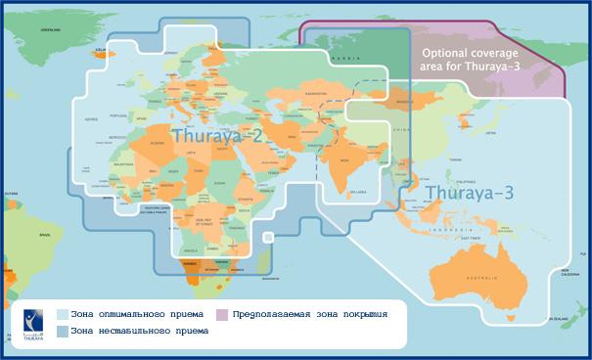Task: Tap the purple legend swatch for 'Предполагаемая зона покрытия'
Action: [223, 314]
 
